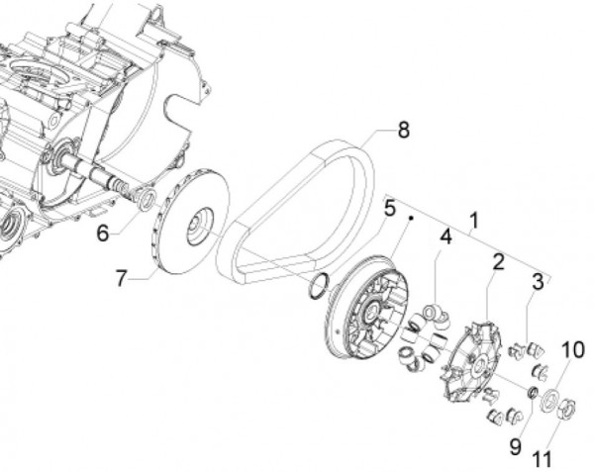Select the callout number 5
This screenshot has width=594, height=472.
(x=389, y=208)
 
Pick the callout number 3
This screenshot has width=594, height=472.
(x=539, y=282)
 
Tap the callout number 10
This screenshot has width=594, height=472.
(x=573, y=350)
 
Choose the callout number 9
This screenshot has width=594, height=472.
(x=516, y=445)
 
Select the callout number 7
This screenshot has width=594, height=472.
(x=121, y=279)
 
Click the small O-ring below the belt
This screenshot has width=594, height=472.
(x=317, y=287)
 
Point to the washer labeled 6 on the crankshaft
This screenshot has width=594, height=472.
(x=146, y=201)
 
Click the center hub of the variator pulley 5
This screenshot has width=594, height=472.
(x=375, y=314)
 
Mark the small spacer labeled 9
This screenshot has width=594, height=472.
(x=531, y=395)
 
